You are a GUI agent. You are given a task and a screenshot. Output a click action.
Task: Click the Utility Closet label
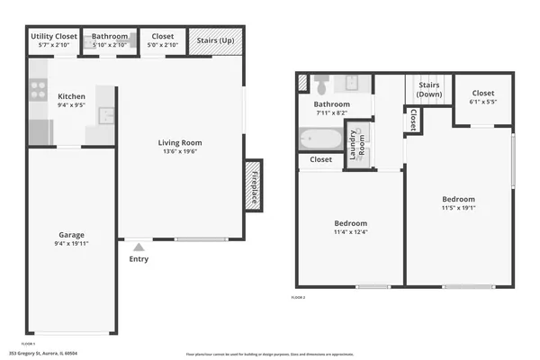point(53,37)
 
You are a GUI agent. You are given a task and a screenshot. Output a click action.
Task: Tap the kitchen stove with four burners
point(39,90)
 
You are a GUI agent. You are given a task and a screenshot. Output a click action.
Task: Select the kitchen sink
point(106,114)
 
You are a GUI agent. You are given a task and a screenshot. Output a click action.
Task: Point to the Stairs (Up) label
point(216,41)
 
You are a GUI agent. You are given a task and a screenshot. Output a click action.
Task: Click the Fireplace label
point(254,184)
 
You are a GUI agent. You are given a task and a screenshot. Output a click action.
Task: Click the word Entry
point(139,259)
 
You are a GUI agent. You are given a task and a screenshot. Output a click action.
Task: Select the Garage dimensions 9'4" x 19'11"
point(71,244)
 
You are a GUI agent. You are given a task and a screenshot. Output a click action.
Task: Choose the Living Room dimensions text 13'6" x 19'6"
point(180,152)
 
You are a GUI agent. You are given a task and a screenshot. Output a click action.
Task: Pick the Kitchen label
point(71,96)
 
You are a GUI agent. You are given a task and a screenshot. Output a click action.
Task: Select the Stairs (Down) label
point(428,90)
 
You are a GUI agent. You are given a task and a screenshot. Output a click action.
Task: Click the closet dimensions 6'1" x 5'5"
point(483,102)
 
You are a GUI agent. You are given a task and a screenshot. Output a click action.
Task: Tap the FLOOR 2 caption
point(298,296)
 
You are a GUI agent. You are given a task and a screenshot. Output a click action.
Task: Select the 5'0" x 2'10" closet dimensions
point(163,45)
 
